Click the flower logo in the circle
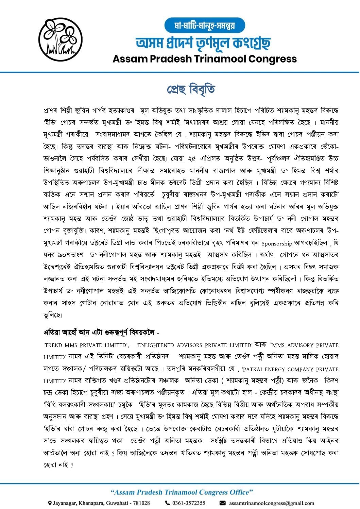61,39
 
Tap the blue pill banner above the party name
205,25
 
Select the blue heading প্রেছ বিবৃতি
191,89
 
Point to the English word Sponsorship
277,243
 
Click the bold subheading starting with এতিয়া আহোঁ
101,332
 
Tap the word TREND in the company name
54,345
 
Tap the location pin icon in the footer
50,503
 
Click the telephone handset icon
167,503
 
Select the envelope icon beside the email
223,503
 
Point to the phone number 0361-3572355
189,503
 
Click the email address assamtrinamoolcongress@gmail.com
271,503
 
